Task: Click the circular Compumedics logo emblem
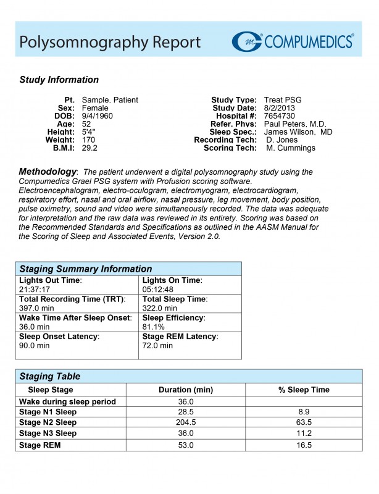click(247, 41)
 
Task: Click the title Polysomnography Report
click(110, 42)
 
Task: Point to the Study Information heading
click(59, 80)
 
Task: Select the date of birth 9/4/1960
click(98, 116)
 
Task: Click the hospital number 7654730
click(279, 116)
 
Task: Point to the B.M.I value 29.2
click(90, 148)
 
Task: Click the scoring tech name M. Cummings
click(291, 148)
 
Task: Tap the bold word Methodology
click(48, 171)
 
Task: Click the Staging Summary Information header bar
click(128, 269)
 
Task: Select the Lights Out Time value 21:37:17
click(35, 289)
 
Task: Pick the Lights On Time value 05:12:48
click(158, 289)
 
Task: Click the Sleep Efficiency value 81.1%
click(153, 327)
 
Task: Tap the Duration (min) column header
click(186, 390)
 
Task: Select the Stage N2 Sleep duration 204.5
click(186, 422)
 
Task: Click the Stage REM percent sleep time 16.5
click(304, 445)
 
